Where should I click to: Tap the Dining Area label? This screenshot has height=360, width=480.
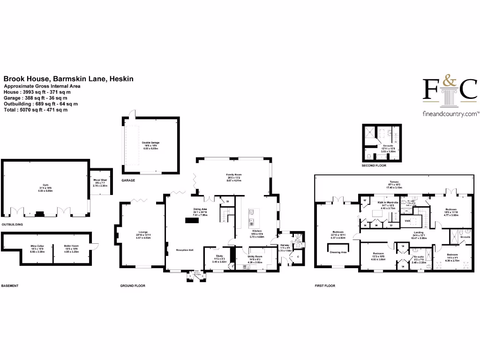[200, 210]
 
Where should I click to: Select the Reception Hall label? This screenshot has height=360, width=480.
[185, 250]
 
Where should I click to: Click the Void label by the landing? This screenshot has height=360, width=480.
[408, 220]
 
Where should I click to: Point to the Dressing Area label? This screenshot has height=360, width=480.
[337, 252]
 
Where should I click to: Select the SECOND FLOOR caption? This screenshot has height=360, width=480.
[374, 165]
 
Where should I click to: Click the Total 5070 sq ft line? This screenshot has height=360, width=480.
[36, 110]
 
